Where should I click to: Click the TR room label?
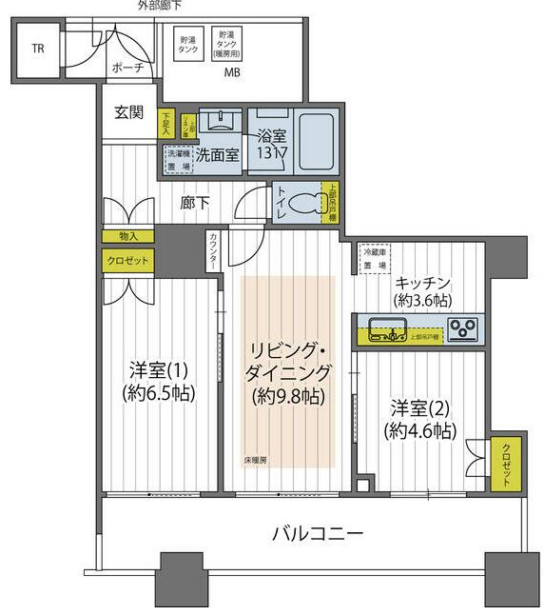click(37, 50)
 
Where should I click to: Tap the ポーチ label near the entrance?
click(126, 68)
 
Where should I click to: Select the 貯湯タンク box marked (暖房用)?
click(227, 43)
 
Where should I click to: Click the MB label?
click(231, 73)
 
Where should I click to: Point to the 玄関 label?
click(128, 112)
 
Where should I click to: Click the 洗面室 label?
click(217, 155)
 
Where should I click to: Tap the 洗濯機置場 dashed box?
click(178, 158)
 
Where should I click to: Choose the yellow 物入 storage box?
click(128, 236)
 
